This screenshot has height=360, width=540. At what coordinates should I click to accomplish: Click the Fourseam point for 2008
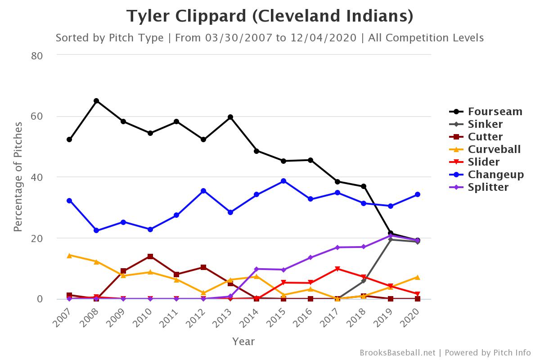[96, 101]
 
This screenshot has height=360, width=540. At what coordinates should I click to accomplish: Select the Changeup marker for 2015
[283, 181]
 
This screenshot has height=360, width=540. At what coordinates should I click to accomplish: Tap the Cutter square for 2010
[150, 256]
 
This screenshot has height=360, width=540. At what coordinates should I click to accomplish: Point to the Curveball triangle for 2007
[69, 255]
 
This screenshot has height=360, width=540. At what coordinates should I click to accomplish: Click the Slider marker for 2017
[337, 269]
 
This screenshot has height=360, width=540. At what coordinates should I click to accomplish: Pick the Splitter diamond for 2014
[256, 269]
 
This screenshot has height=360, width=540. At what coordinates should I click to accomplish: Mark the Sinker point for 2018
[364, 281]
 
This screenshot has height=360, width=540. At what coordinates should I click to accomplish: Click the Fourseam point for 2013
[230, 117]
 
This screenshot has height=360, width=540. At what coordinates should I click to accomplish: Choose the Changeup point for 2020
[418, 194]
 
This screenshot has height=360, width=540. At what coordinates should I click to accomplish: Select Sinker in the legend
[485, 124]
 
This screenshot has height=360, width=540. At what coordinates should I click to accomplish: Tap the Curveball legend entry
[494, 149]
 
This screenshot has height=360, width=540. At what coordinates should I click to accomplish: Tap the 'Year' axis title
[243, 342]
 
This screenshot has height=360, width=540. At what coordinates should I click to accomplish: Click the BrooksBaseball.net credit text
[397, 352]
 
